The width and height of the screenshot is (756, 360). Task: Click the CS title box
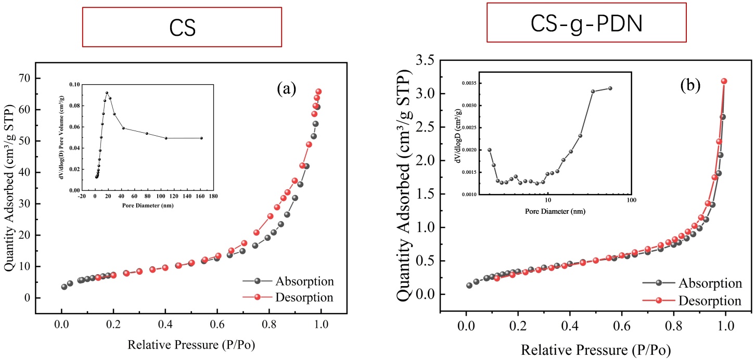pyautogui.click(x=183, y=27)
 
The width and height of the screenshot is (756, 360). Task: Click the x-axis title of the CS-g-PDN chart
pyautogui.click(x=596, y=348)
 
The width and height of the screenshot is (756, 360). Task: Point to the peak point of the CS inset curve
pyautogui.click(x=107, y=93)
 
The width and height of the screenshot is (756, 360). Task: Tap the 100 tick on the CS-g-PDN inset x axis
pyautogui.click(x=631, y=200)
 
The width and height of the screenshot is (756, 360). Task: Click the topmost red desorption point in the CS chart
pyautogui.click(x=318, y=92)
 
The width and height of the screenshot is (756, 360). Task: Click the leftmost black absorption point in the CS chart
pyautogui.click(x=64, y=287)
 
